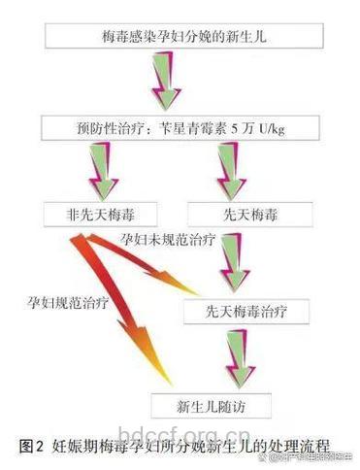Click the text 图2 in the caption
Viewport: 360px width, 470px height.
[x=31, y=446]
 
